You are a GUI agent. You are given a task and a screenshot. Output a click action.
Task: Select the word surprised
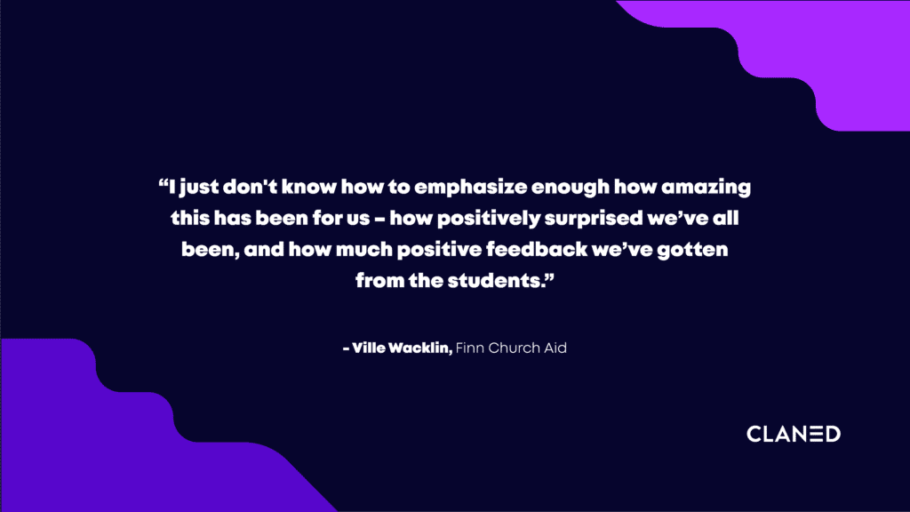pyautogui.click(x=593, y=219)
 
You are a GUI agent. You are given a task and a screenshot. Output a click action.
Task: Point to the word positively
pyautogui.click(x=488, y=219)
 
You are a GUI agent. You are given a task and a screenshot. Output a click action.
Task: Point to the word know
pyautogui.click(x=308, y=188)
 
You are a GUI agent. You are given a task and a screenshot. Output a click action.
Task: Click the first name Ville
pyautogui.click(x=368, y=348)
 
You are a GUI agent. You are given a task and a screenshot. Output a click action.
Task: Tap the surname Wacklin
pyautogui.click(x=420, y=348)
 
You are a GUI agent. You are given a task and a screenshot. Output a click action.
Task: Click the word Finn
pyautogui.click(x=470, y=348)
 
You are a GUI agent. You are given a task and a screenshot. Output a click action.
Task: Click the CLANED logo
pyautogui.click(x=794, y=434)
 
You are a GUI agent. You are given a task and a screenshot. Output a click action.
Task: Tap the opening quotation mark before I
pyautogui.click(x=164, y=182)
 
